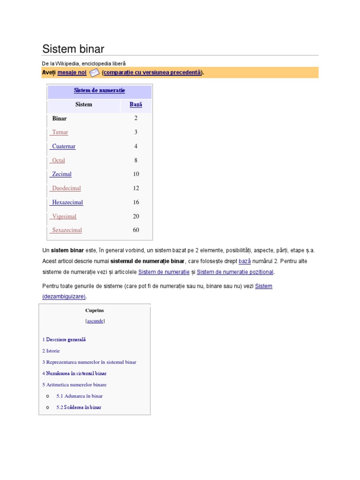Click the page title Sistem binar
(73, 49)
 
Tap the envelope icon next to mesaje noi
(94, 73)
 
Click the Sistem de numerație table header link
(99, 90)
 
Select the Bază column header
(135, 105)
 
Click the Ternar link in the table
(60, 132)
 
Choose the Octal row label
(59, 160)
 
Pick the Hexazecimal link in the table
(67, 202)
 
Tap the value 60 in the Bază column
(136, 230)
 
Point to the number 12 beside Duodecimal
(136, 188)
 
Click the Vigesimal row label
(64, 217)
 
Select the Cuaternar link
(64, 146)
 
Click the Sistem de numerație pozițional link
(235, 272)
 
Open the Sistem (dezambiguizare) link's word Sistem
(263, 286)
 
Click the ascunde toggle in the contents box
(95, 321)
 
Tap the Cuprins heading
(95, 310)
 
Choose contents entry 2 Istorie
(51, 351)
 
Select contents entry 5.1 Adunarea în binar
(79, 396)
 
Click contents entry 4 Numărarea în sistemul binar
(75, 374)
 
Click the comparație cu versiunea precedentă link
(152, 73)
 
